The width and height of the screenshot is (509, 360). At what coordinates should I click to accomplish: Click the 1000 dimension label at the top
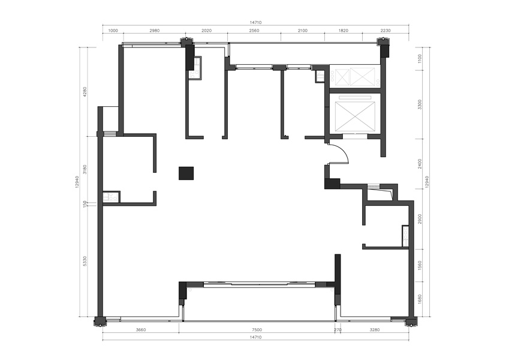[113, 31]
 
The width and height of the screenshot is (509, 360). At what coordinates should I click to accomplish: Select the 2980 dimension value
[155, 31]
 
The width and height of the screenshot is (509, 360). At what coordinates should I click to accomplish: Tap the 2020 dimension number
[206, 31]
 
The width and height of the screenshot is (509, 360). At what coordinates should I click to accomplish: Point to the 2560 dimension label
[254, 31]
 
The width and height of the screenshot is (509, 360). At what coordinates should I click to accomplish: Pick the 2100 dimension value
[302, 31]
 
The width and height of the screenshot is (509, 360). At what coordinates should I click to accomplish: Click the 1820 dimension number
[343, 31]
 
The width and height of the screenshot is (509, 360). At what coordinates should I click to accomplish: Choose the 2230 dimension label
[385, 31]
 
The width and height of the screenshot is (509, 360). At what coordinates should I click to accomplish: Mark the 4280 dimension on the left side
[85, 92]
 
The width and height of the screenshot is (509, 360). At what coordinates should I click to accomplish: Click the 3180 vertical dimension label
[85, 169]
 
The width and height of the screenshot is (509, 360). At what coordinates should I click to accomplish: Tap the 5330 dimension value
[85, 261]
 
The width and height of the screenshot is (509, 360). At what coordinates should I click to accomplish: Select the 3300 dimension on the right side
[420, 104]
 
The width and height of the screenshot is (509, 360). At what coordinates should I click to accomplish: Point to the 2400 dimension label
[420, 164]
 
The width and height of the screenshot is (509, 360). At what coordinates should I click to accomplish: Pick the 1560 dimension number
[420, 265]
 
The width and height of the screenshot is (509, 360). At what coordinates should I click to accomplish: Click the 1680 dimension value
[420, 299]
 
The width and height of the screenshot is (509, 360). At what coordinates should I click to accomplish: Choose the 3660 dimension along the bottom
[141, 330]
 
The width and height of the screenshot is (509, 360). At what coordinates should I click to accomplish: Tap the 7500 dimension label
[257, 330]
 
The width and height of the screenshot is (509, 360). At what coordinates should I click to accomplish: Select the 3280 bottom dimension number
[374, 330]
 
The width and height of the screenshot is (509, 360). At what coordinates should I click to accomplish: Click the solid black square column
[186, 173]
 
